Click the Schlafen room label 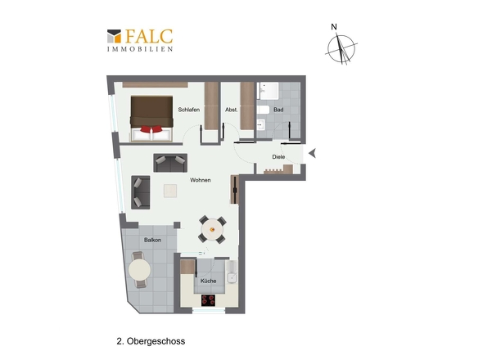click(x=189, y=110)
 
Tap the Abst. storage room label click(x=232, y=110)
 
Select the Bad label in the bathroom click(x=278, y=110)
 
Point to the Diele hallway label click(x=278, y=157)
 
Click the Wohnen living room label click(x=201, y=180)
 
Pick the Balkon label click(x=152, y=240)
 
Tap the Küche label click(x=208, y=281)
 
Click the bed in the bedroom click(x=151, y=119)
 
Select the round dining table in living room click(x=212, y=229)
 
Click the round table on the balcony click(x=139, y=270)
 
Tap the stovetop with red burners click(x=208, y=300)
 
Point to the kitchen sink click(x=232, y=278)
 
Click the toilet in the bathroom click(x=263, y=110)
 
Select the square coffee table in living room click(x=170, y=191)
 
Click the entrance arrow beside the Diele click(x=313, y=153)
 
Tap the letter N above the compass click(x=334, y=27)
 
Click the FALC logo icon click(x=114, y=36)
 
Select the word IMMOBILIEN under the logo click(x=140, y=49)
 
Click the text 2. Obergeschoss click(x=151, y=341)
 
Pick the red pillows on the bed click(x=151, y=129)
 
